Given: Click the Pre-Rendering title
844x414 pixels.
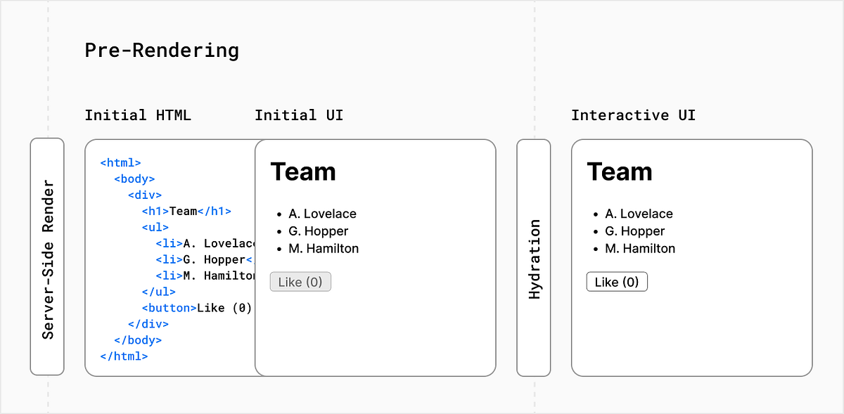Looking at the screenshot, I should point(162,51).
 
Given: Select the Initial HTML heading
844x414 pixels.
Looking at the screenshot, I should point(138,115).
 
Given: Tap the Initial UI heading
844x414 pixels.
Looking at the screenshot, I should point(299,115).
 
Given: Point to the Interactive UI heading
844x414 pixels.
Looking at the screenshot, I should point(633,115).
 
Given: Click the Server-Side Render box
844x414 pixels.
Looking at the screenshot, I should point(47,257).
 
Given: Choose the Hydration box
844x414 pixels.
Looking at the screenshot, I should point(534,257).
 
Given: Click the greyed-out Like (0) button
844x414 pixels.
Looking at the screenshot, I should point(300,282).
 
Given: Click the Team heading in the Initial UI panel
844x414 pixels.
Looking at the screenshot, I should point(303,172).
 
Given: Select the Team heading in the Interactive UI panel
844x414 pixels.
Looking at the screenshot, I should point(620,172).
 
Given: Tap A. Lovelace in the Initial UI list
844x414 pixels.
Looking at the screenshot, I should point(322,214).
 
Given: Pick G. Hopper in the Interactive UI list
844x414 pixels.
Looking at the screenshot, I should point(634,231).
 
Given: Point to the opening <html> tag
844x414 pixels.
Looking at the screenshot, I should point(121,162).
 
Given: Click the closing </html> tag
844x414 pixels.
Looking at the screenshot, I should point(124,356).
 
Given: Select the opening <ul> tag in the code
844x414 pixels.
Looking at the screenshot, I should point(155,227).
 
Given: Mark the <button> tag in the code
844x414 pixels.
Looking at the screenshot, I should point(169,308).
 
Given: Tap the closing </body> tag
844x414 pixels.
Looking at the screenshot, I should point(138,340).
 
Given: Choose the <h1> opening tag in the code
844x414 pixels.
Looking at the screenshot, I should point(155,211).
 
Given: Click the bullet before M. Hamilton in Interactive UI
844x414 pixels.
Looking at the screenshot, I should point(595,249).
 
